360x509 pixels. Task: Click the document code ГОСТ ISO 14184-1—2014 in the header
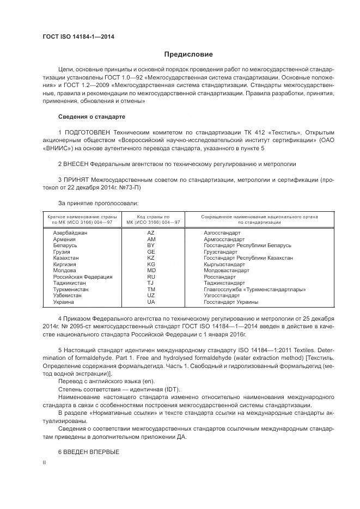click(x=78, y=37)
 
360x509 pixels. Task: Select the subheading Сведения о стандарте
click(x=91, y=117)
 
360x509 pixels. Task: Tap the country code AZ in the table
click(x=151, y=232)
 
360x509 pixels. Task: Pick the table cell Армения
click(x=64, y=239)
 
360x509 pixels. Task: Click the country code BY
click(x=151, y=245)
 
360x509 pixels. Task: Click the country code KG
click(x=151, y=264)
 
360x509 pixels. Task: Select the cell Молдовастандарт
click(x=227, y=270)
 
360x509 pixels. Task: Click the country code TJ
click(x=151, y=283)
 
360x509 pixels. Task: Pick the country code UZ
click(x=151, y=296)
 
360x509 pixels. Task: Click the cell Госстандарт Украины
click(x=231, y=302)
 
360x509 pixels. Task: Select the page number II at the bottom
click(x=45, y=462)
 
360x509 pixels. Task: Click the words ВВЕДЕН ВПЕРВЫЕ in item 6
click(x=91, y=452)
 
